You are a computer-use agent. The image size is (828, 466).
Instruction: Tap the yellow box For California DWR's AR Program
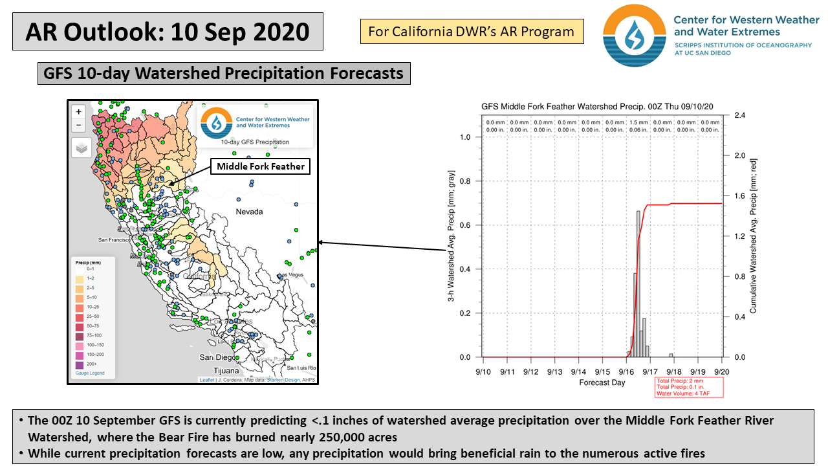pos(472,32)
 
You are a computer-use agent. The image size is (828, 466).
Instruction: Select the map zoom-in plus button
pos(79,111)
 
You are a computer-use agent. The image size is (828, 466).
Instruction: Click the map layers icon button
pos(81,148)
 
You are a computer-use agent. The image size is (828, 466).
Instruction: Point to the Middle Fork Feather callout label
pos(261,166)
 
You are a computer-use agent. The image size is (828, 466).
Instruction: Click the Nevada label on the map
pos(249,212)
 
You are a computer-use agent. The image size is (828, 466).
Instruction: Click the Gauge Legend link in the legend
pos(90,373)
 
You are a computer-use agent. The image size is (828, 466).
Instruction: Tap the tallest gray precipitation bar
pos(638,283)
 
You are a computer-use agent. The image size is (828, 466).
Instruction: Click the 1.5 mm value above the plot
pos(638,122)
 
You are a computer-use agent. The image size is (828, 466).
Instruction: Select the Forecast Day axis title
pos(602,383)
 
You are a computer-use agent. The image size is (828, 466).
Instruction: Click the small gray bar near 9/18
pos(671,355)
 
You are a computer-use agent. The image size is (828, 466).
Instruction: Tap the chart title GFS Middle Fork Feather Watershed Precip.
pos(597,106)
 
